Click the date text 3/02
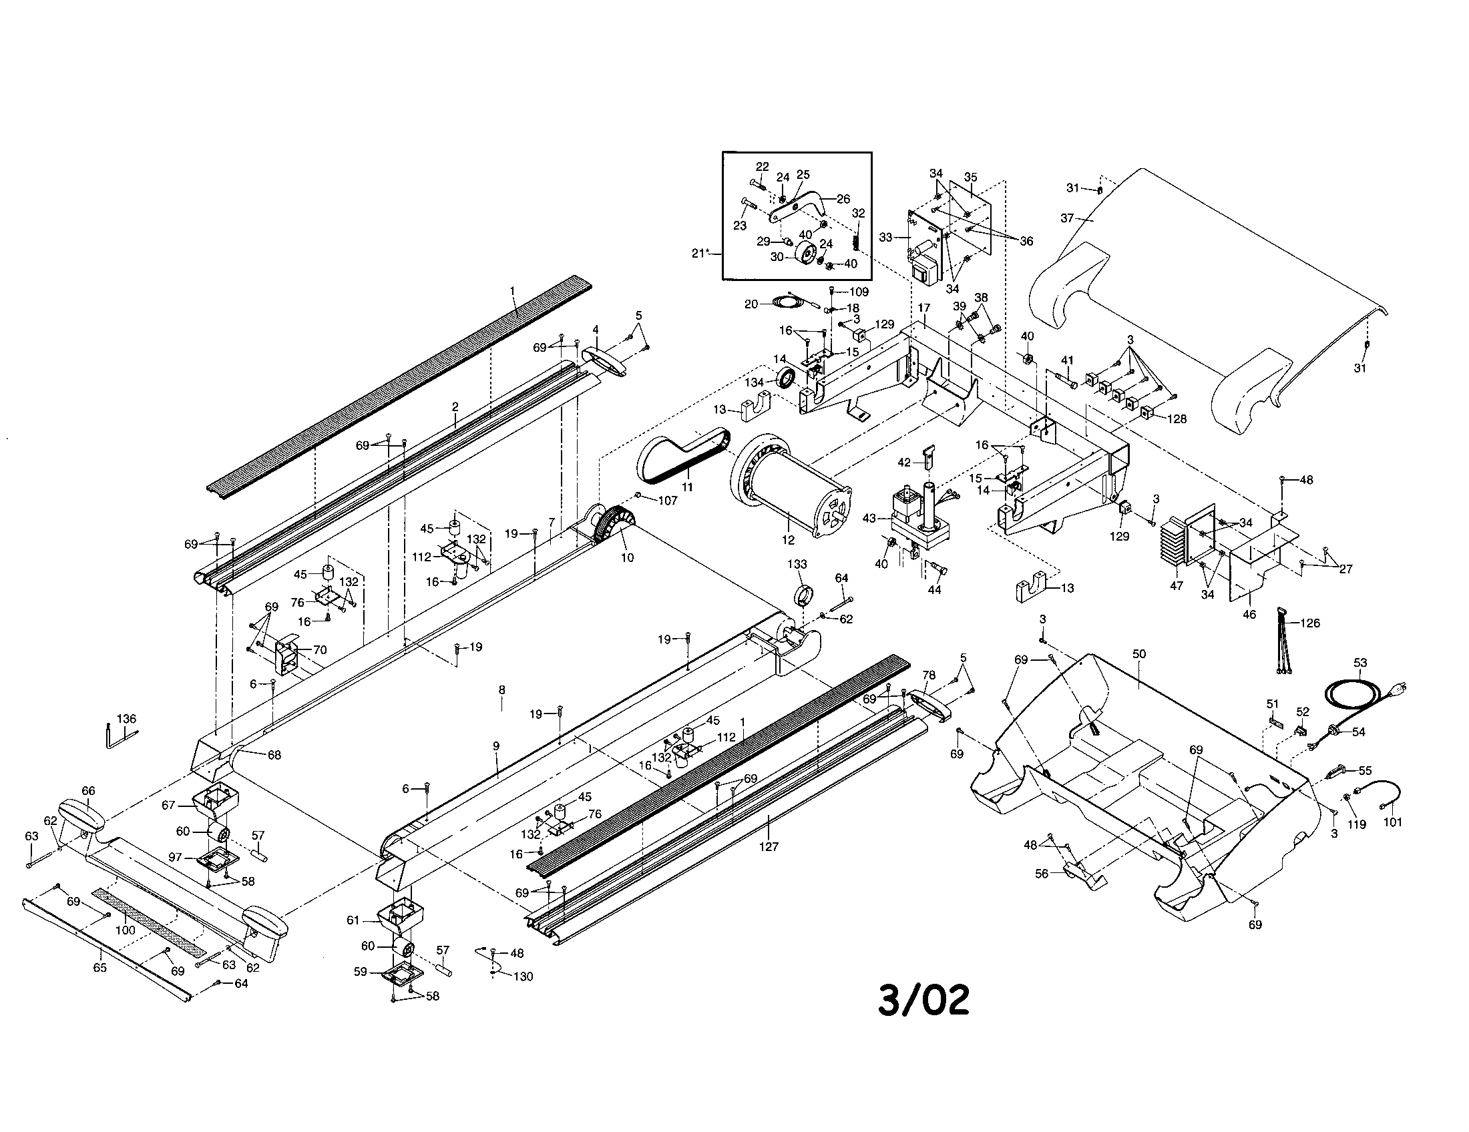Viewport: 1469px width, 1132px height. [x=923, y=1001]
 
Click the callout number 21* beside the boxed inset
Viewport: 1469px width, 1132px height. [x=701, y=254]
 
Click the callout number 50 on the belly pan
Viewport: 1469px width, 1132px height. [x=1138, y=653]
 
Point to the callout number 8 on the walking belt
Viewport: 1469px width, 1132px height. [x=501, y=689]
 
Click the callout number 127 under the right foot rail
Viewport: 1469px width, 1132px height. [x=768, y=846]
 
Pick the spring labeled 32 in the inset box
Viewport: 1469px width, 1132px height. [x=857, y=239]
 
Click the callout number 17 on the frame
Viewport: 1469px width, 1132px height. [x=923, y=308]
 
